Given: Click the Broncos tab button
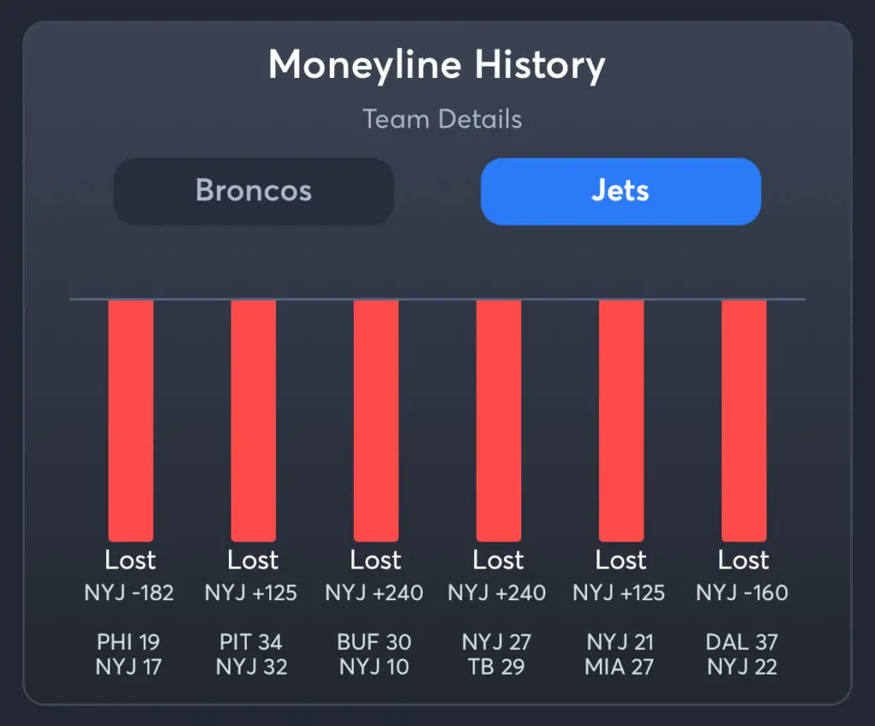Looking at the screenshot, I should pyautogui.click(x=253, y=191).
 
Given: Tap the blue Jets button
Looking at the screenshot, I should pyautogui.click(x=620, y=191).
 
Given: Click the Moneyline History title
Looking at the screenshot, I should pyautogui.click(x=437, y=65).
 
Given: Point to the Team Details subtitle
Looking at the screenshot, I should pyautogui.click(x=442, y=119).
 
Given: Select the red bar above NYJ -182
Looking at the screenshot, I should pyautogui.click(x=131, y=419).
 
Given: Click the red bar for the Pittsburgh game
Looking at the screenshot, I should pyautogui.click(x=253, y=419).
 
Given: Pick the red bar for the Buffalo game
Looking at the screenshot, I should pyautogui.click(x=376, y=419).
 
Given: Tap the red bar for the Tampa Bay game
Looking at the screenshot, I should pyautogui.click(x=498, y=419).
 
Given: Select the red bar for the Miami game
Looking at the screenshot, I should pyautogui.click(x=621, y=419).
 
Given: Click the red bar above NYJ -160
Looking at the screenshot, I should pyautogui.click(x=743, y=419).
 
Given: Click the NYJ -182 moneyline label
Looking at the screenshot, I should pyautogui.click(x=129, y=593).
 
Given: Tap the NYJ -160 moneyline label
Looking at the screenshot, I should pyautogui.click(x=742, y=593).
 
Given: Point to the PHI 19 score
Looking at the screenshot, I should pyautogui.click(x=129, y=642).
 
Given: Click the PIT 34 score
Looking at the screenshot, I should pyautogui.click(x=251, y=642).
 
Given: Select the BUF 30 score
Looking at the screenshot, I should pyautogui.click(x=374, y=642).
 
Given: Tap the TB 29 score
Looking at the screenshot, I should pyautogui.click(x=497, y=668).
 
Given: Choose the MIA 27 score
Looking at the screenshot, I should pyautogui.click(x=620, y=668).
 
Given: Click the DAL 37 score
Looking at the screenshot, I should pyautogui.click(x=743, y=642).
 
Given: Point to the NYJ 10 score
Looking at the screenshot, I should pyautogui.click(x=374, y=668).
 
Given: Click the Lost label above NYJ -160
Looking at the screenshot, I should pyautogui.click(x=743, y=560).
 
